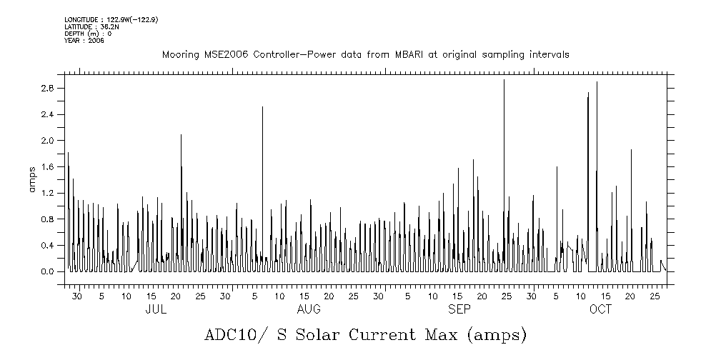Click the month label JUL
[x=156, y=310]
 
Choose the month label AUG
[x=309, y=310]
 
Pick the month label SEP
[x=459, y=310]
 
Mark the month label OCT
[x=600, y=310]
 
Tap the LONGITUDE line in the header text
[x=111, y=19]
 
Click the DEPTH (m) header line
[x=88, y=34]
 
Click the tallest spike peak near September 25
[x=504, y=80]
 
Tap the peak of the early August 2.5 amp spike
[x=262, y=107]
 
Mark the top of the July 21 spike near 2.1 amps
[x=181, y=134]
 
